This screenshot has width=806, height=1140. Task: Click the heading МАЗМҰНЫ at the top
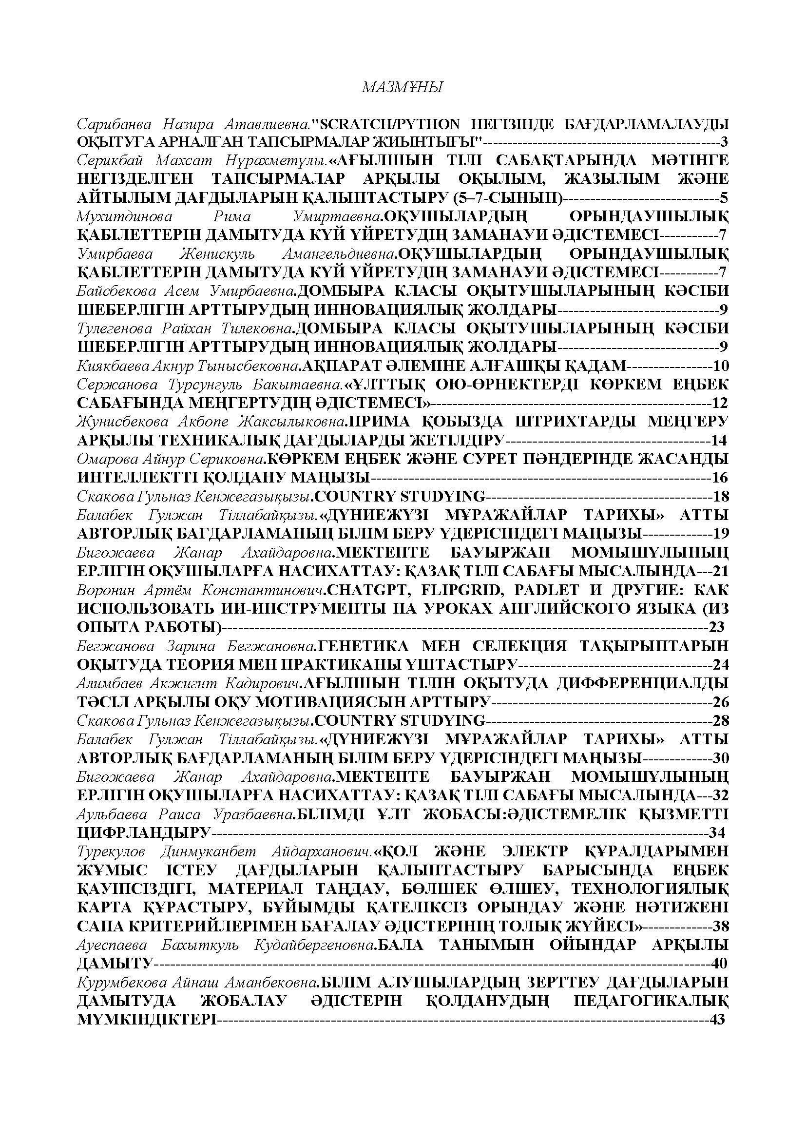(403, 88)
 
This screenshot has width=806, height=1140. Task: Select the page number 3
(724, 142)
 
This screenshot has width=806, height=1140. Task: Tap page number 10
(721, 367)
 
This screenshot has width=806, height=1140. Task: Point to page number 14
(719, 441)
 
